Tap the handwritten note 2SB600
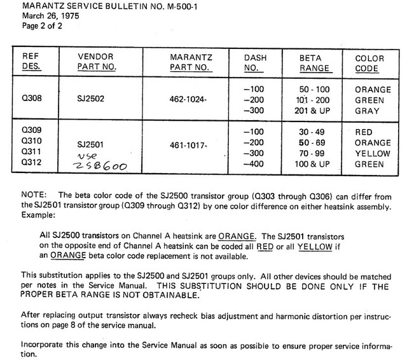click(99, 168)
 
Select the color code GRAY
click(373, 110)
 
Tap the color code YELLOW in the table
click(373, 153)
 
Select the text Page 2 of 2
click(27, 27)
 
